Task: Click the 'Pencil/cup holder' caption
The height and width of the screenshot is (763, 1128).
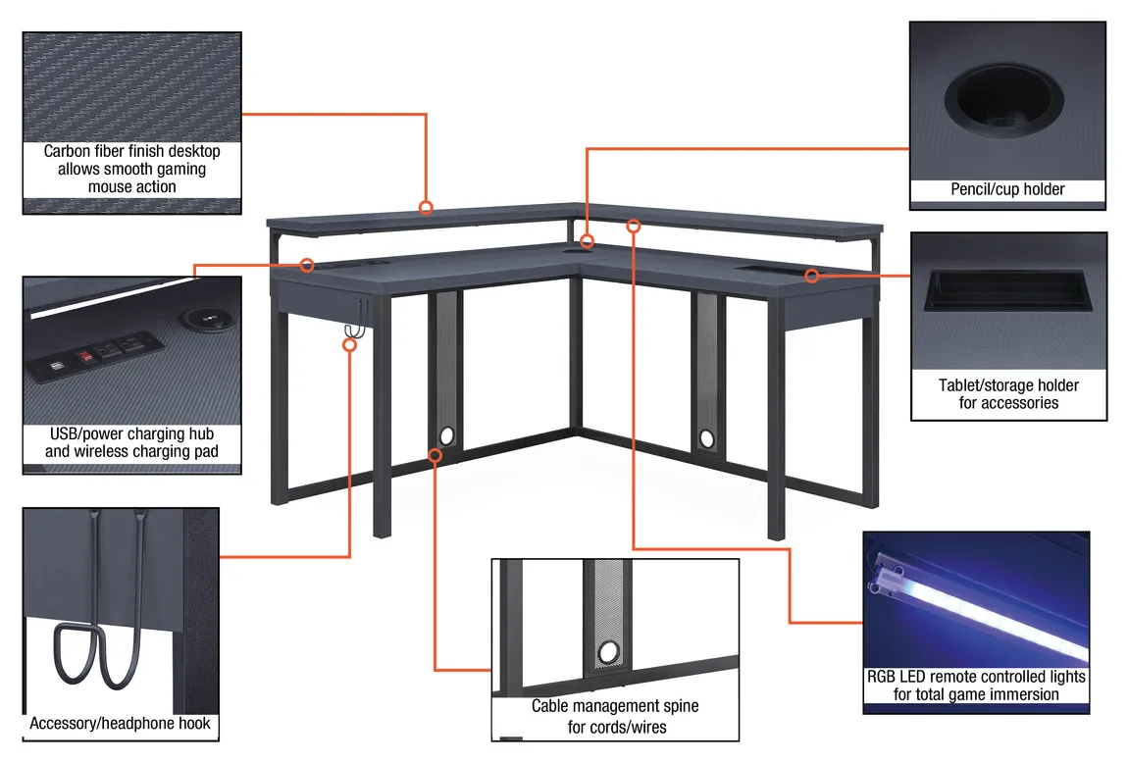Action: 1007,189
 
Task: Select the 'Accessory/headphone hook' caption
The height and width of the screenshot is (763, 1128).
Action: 120,724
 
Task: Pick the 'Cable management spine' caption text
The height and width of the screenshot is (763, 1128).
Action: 615,706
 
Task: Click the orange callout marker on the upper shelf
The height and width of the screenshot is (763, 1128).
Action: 426,207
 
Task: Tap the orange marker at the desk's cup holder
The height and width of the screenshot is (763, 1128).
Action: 587,241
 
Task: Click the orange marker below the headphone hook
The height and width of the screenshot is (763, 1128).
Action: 349,344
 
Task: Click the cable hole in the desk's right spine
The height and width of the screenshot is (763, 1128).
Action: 706,435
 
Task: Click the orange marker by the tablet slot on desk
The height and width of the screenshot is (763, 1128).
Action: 811,276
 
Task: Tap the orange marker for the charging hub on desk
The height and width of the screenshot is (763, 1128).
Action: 307,265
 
